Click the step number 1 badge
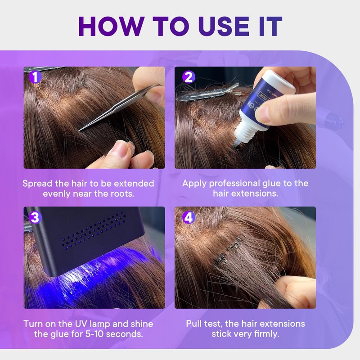tap(35, 77)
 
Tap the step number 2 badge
tap(189, 77)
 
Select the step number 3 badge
tap(35, 217)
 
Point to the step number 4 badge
tap(189, 217)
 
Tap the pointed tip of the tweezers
tap(79, 130)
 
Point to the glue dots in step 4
tap(227, 252)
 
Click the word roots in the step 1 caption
tap(122, 194)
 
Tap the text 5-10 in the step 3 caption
tap(94, 334)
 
